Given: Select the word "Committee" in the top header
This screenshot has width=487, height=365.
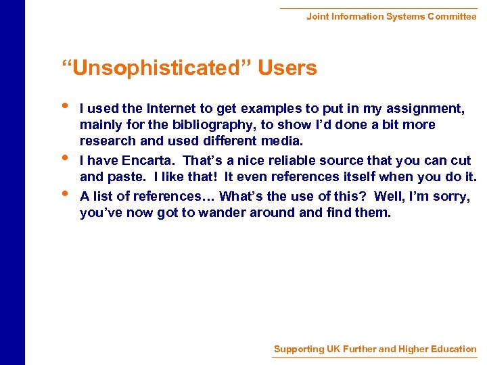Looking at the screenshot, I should point(452,16).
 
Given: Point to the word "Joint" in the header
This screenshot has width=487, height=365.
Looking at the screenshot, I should point(317,16).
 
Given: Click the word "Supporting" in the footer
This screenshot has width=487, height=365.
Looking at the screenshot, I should point(298,349).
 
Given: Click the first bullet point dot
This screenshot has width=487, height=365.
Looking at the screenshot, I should point(64,105).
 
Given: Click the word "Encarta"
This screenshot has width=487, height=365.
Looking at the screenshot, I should point(147,161).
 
